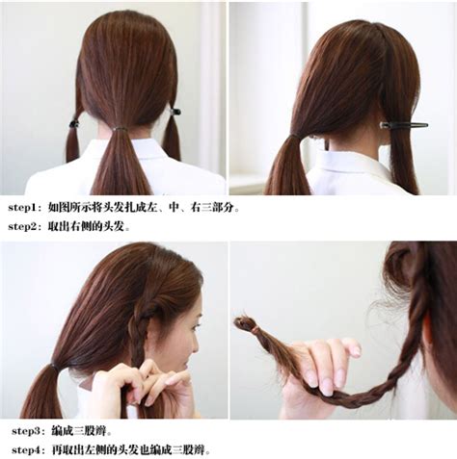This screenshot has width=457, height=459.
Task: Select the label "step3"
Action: (x=26, y=431)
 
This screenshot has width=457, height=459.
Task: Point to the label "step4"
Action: (x=26, y=450)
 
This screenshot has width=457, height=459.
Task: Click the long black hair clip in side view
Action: (x=404, y=125)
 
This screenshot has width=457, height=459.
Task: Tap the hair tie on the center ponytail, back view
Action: (x=120, y=129)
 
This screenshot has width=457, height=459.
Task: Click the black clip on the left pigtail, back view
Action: (x=74, y=123)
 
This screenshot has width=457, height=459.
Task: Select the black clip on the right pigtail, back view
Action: (x=175, y=112)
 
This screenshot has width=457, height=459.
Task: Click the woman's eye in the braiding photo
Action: (x=194, y=326)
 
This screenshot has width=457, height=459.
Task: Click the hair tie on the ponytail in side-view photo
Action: (x=293, y=138)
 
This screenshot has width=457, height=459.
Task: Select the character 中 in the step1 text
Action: (x=175, y=208)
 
